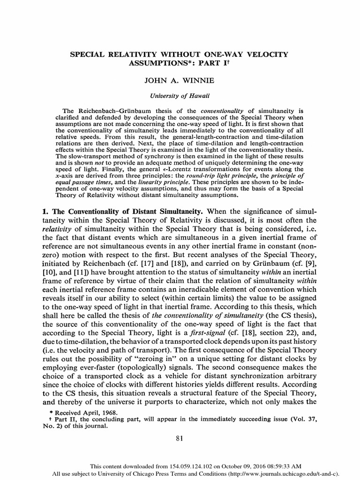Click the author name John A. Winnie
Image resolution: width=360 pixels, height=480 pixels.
click(x=180, y=81)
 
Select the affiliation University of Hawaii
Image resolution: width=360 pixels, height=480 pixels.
click(x=180, y=96)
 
